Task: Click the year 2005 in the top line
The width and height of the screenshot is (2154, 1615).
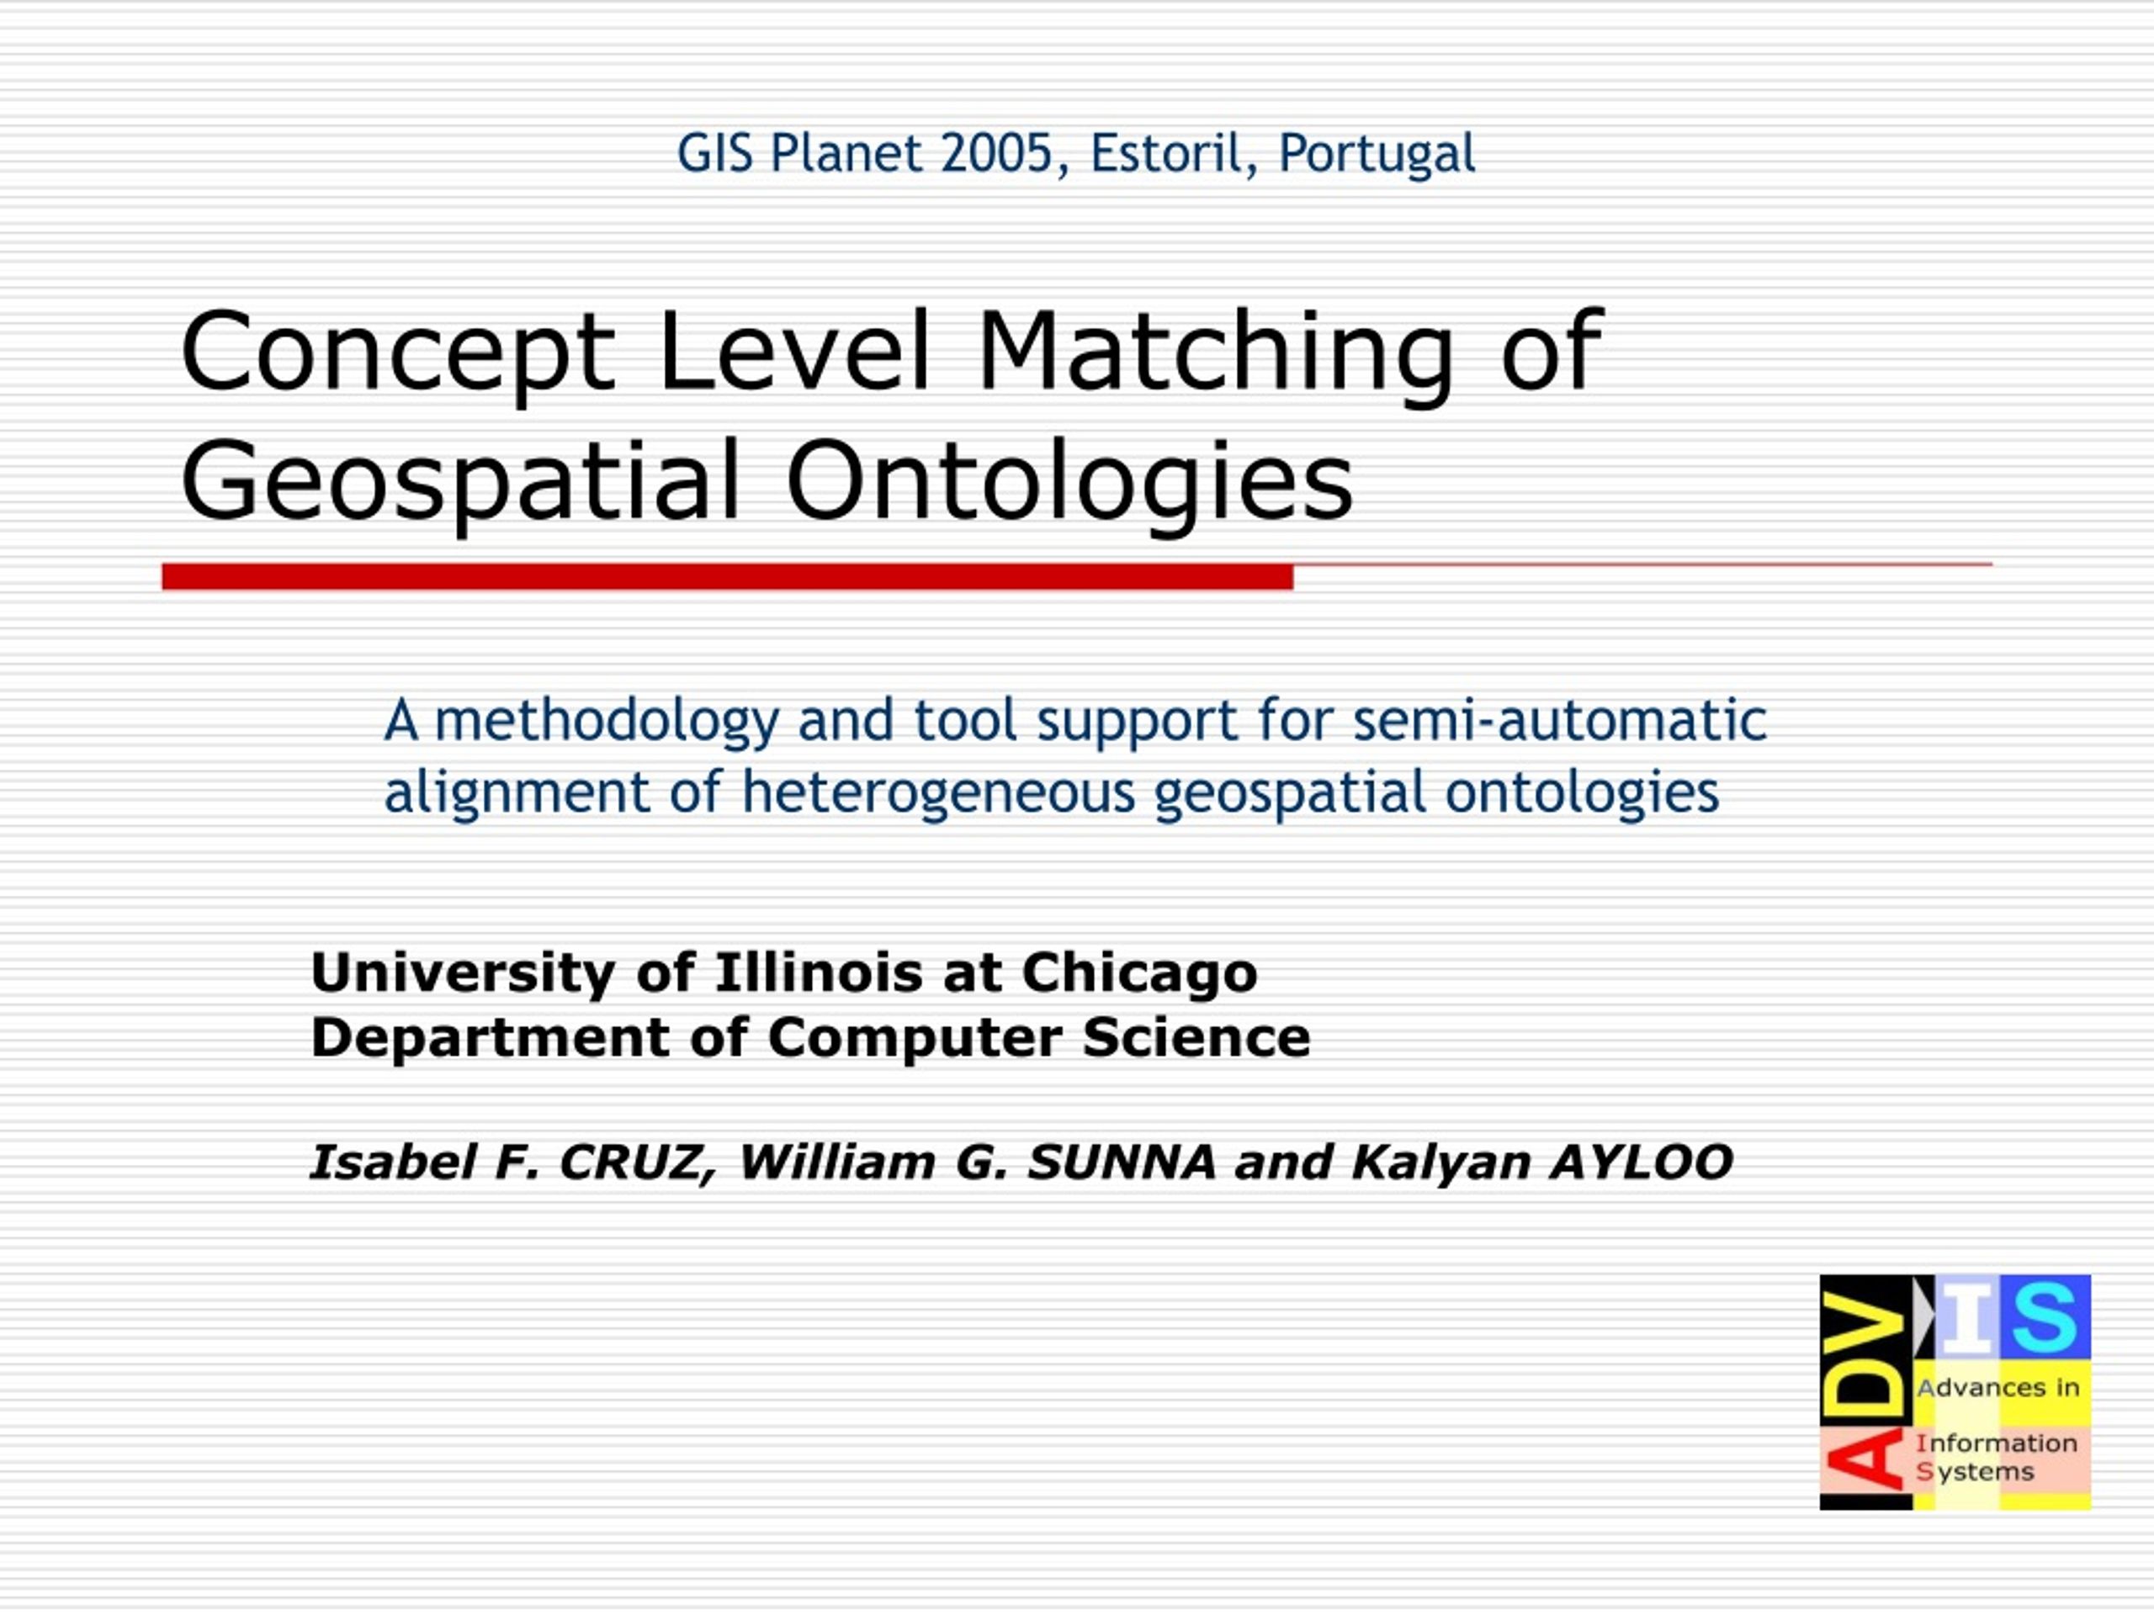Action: pos(996,154)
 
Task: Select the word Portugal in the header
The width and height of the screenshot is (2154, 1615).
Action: pos(1377,155)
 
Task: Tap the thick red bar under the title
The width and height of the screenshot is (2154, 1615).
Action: pos(728,577)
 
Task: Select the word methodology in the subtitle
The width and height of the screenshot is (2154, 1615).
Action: pos(607,722)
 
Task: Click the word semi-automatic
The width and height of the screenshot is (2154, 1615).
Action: pos(1560,722)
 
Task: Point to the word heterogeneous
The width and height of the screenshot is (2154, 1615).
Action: pos(939,792)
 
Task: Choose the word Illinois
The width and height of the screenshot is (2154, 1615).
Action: pos(819,972)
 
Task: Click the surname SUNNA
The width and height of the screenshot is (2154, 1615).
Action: pos(1122,1162)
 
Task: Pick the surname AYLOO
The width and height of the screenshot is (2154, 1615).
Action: pos(1642,1162)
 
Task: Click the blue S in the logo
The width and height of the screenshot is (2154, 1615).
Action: pos(2044,1318)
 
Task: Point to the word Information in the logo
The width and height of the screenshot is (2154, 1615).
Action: pos(1997,1443)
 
